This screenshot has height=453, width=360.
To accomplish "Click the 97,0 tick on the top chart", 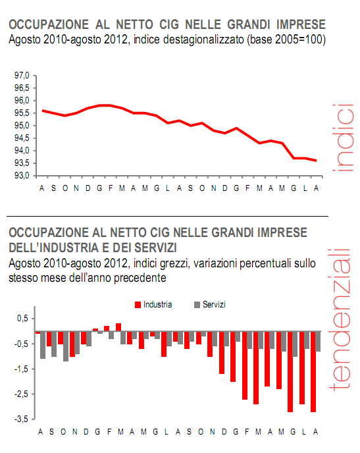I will (x=22, y=75).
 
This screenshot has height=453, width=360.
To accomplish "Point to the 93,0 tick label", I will (x=22, y=176).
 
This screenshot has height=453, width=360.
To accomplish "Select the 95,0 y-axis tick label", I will (x=22, y=125).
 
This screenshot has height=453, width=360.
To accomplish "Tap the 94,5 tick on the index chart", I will (x=22, y=138).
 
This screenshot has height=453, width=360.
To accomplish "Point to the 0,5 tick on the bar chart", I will (x=22, y=319).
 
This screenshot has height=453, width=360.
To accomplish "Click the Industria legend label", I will (x=158, y=304).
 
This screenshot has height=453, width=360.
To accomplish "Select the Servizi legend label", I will (x=215, y=304).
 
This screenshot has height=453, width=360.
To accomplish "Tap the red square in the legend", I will (x=138, y=305).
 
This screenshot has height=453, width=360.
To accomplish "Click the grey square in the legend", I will (x=197, y=305).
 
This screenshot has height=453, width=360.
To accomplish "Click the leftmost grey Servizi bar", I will (x=43, y=345).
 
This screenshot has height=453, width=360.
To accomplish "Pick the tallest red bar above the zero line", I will (x=118, y=327).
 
